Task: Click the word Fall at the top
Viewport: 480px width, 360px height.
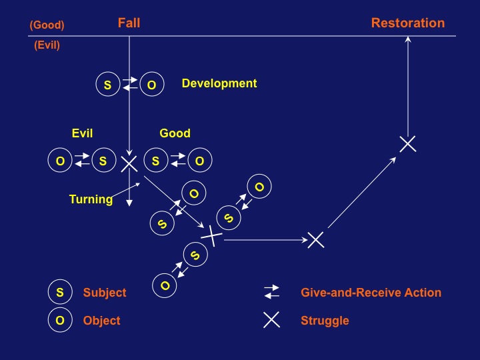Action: [x=129, y=23]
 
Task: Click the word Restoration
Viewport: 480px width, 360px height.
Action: [x=407, y=23]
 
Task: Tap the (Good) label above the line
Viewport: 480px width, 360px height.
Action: [x=47, y=25]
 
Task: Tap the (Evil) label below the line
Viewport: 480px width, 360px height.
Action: [x=47, y=46]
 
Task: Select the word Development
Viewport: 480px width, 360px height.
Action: [x=219, y=83]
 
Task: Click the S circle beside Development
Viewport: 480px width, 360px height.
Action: [x=107, y=85]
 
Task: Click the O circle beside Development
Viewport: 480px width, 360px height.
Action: [x=151, y=85]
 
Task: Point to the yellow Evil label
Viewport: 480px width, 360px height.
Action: [x=85, y=133]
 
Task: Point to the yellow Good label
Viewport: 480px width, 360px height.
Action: [x=175, y=133]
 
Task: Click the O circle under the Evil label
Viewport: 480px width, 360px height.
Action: [x=60, y=161]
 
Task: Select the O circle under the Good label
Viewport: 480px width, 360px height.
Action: [x=199, y=161]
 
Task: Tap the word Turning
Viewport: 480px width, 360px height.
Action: [x=91, y=199]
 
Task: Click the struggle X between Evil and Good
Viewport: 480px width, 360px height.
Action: [x=129, y=162]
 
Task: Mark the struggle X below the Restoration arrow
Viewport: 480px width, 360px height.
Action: [x=407, y=143]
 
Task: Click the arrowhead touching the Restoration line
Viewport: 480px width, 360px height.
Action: [x=408, y=39]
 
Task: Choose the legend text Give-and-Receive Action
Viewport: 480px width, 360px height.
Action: [x=371, y=292]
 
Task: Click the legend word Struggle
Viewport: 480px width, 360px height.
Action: [x=325, y=321]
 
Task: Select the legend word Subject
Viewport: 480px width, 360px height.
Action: [x=105, y=292]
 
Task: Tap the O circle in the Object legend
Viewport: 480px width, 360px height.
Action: [x=60, y=321]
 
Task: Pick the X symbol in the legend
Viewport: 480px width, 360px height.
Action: [x=271, y=320]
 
